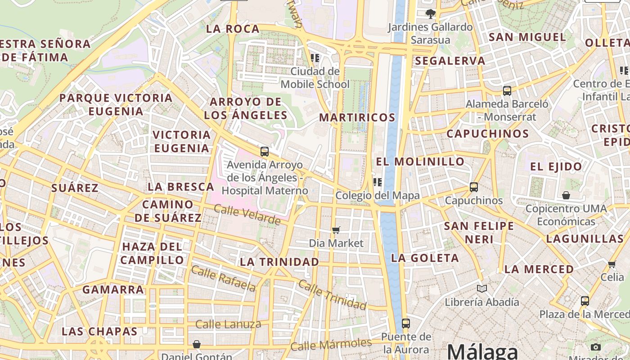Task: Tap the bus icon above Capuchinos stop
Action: tap(473, 187)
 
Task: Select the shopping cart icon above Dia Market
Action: tap(336, 230)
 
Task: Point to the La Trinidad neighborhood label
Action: tap(279, 261)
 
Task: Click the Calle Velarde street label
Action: tap(247, 215)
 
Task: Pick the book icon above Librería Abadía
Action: tap(482, 288)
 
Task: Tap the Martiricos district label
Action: tap(357, 117)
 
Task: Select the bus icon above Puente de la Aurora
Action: tap(405, 323)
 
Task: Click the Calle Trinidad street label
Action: tap(332, 295)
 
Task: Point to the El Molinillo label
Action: tap(420, 161)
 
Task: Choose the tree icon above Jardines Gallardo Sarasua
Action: tap(431, 13)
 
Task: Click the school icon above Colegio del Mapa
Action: tap(377, 182)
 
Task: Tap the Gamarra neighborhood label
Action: tap(113, 289)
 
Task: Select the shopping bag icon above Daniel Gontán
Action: tap(197, 344)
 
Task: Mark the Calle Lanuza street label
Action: tap(228, 324)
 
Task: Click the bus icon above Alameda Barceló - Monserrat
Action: tap(507, 90)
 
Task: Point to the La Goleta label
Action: tap(425, 258)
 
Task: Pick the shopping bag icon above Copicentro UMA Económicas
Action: tap(566, 195)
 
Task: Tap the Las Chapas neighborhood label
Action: tap(99, 332)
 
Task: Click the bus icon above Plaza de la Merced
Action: tap(585, 301)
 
